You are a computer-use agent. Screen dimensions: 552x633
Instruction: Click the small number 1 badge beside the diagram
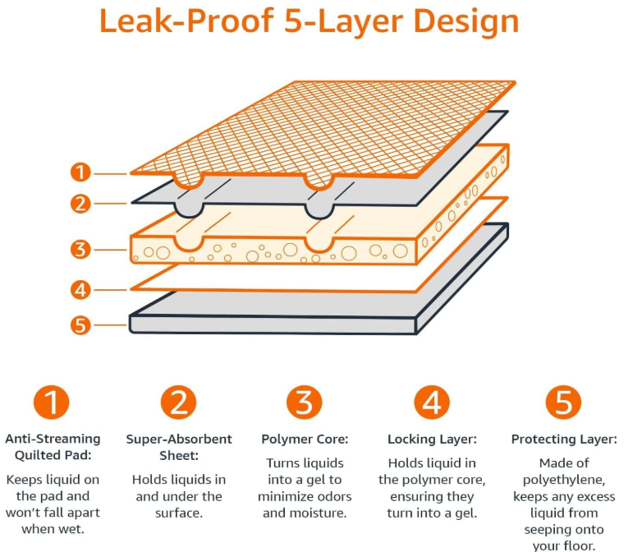click(x=80, y=172)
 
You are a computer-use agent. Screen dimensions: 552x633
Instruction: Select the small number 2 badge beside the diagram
click(x=80, y=203)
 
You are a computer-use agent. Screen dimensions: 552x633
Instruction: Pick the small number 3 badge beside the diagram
click(x=80, y=249)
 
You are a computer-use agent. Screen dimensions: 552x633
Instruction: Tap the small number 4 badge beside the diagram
click(x=80, y=289)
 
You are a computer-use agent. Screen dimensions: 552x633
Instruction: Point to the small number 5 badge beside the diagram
click(x=80, y=324)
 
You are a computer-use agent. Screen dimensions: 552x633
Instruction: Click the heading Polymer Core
click(x=305, y=439)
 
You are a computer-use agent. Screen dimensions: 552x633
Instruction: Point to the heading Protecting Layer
click(x=563, y=439)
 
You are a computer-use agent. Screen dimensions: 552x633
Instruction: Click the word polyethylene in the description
click(x=563, y=480)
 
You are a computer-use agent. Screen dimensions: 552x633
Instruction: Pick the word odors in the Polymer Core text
click(x=333, y=496)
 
